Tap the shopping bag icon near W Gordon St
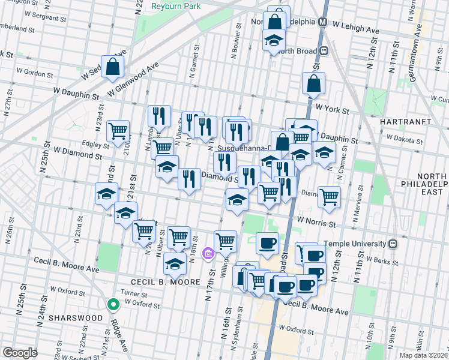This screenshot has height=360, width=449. coord(113,67)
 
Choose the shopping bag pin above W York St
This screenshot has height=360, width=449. coord(314,85)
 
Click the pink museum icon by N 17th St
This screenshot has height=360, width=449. coord(208,254)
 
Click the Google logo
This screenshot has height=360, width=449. coord(20,353)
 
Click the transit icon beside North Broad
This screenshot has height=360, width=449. coord(324,51)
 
